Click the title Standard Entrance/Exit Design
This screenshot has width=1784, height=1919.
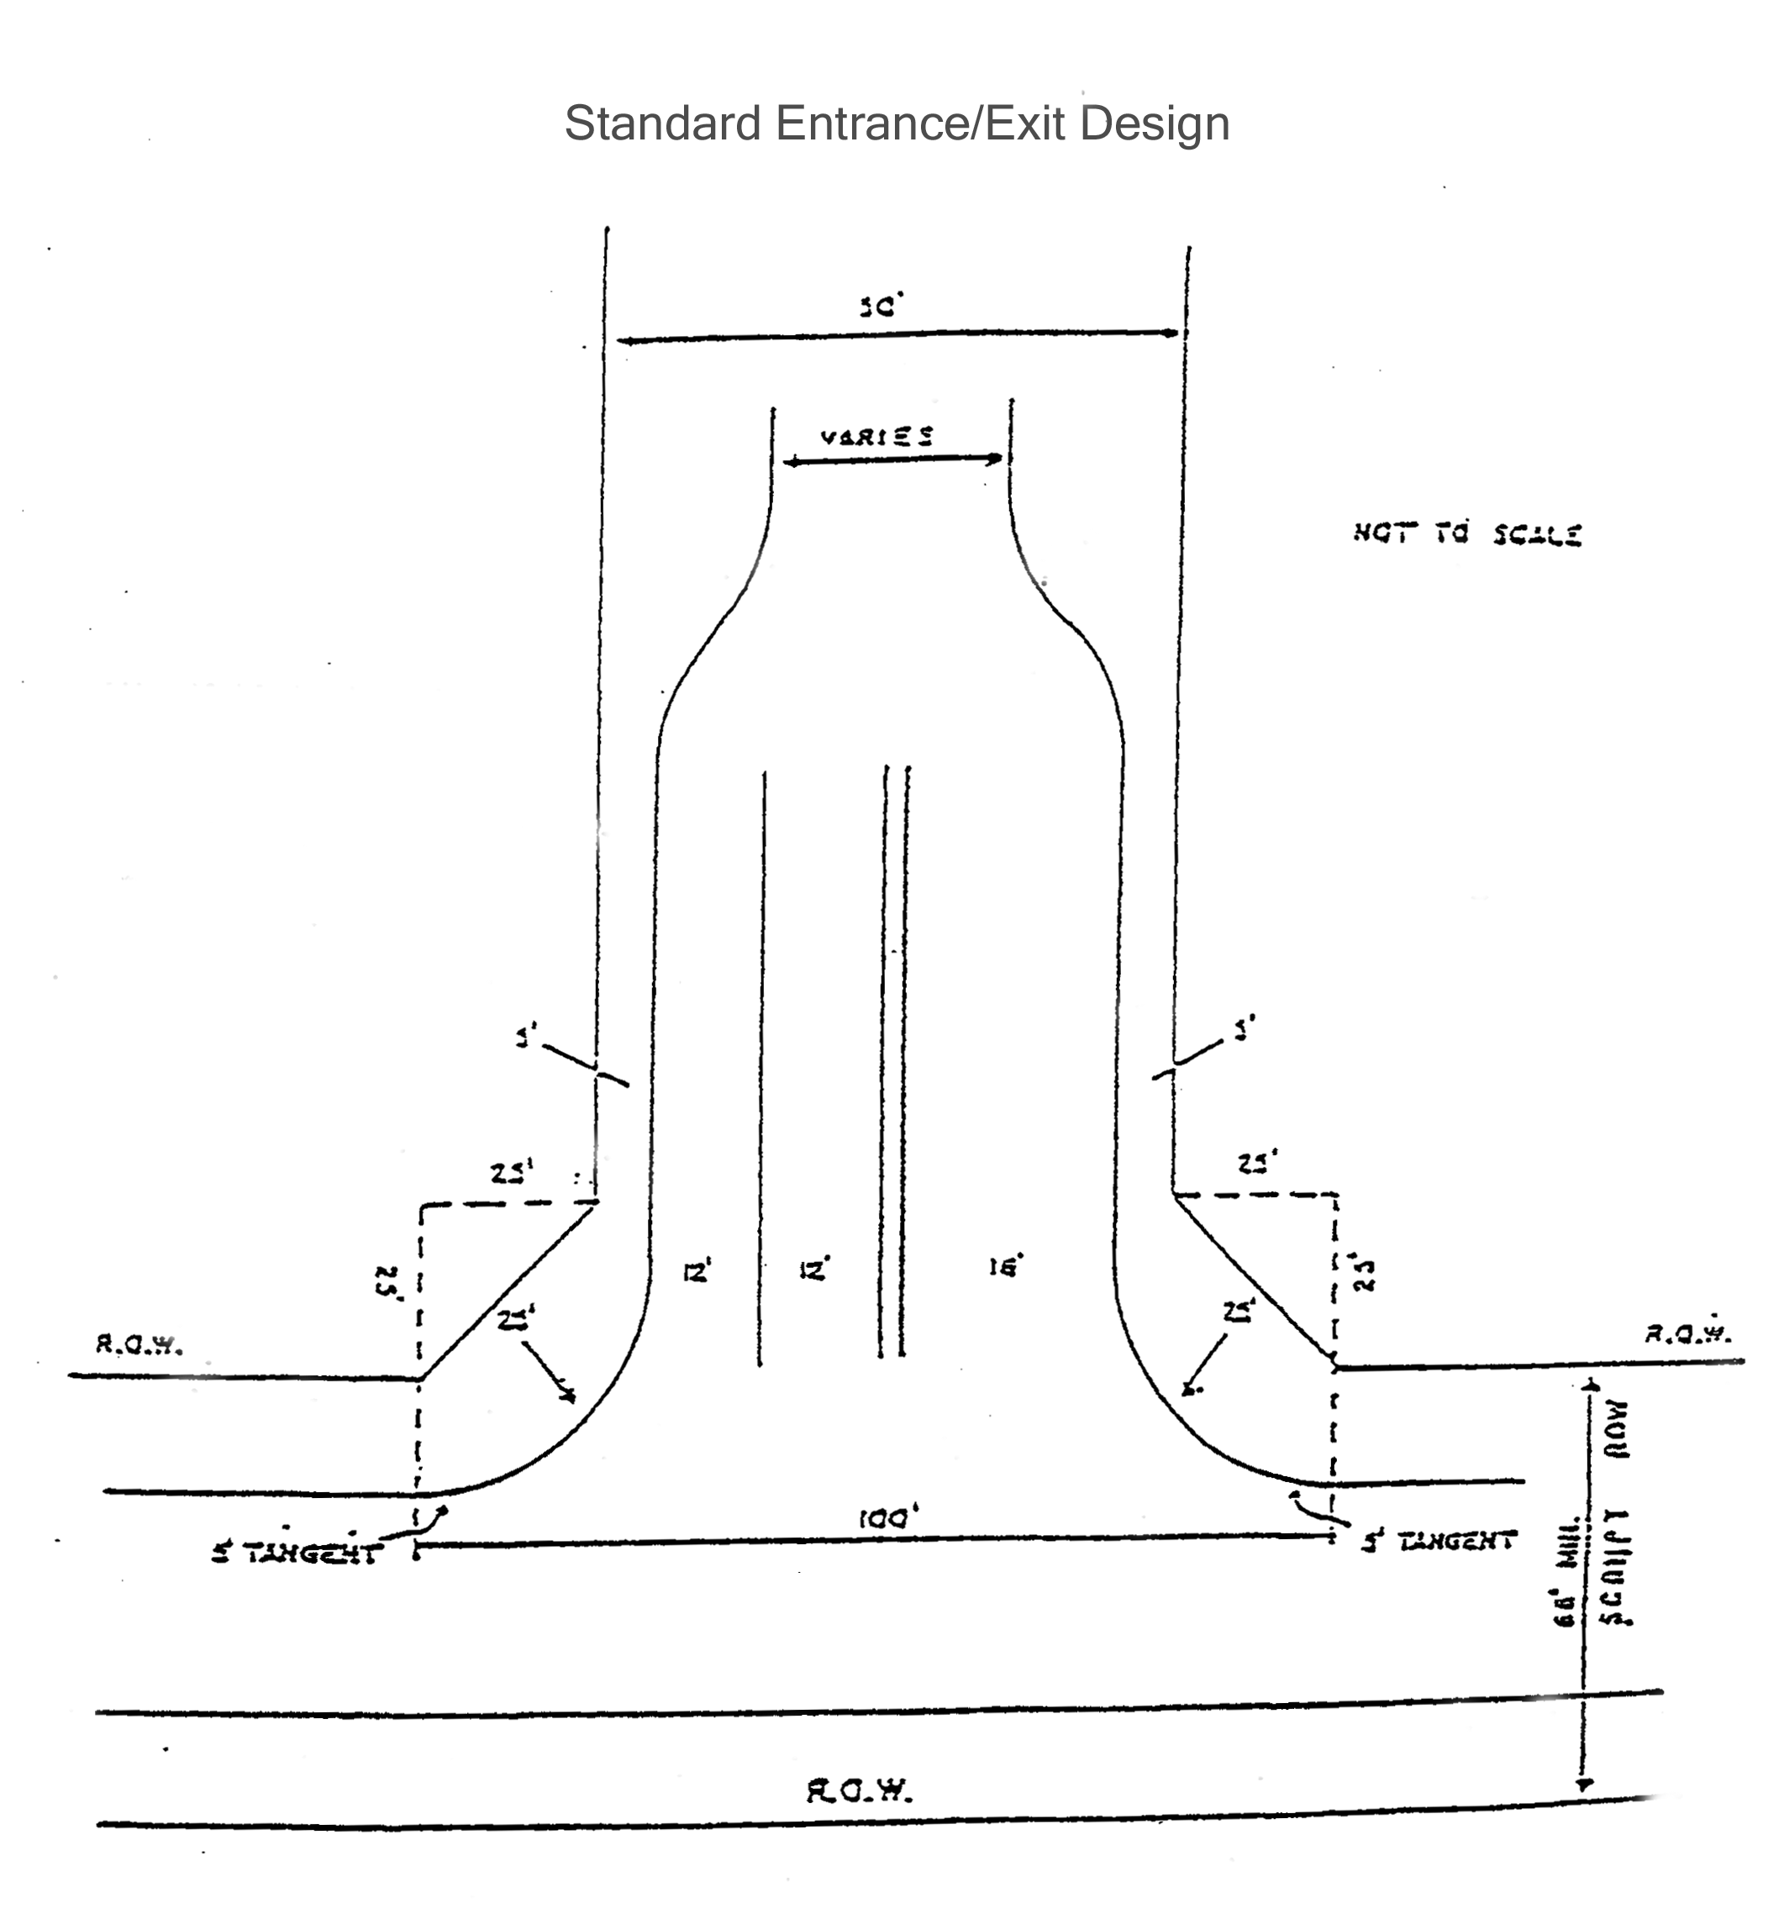pyautogui.click(x=897, y=124)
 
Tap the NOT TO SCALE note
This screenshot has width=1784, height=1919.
pyautogui.click(x=1466, y=534)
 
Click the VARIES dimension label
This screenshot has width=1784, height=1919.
pyautogui.click(x=876, y=436)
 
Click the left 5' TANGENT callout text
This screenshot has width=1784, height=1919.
pyautogui.click(x=297, y=1554)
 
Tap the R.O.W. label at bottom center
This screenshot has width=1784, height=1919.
pyautogui.click(x=859, y=1791)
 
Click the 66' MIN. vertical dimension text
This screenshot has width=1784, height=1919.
pyautogui.click(x=1565, y=1571)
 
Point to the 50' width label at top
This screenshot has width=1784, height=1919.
pyautogui.click(x=880, y=307)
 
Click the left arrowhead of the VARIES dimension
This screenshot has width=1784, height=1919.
pyautogui.click(x=787, y=463)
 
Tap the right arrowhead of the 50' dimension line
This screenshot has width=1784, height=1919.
pyautogui.click(x=1173, y=333)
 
